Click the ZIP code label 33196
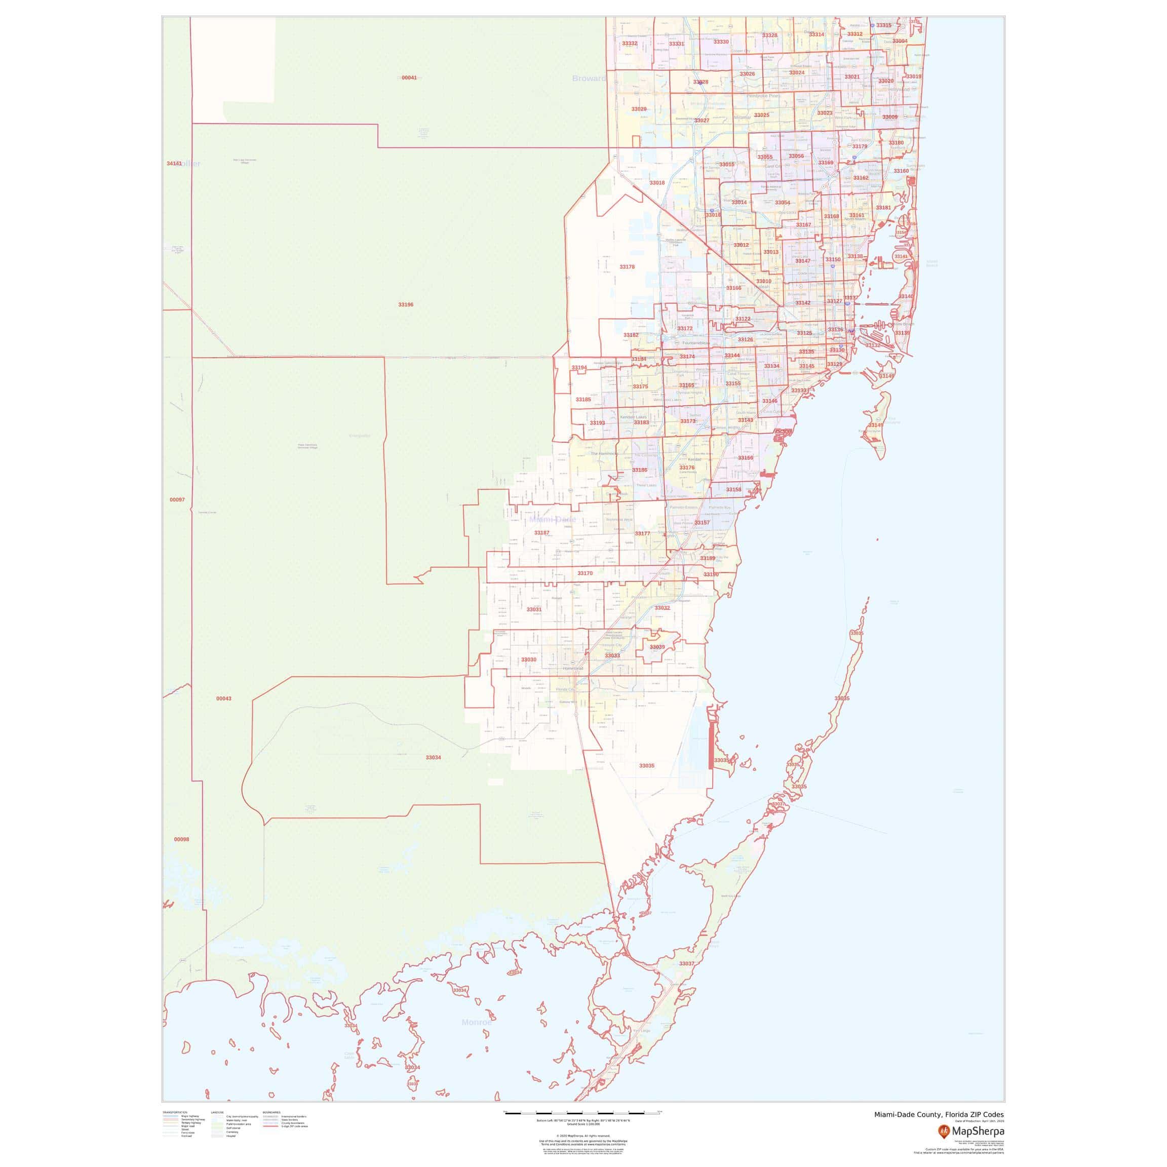pos(405,305)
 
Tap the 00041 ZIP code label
pos(409,78)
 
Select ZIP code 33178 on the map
pos(627,266)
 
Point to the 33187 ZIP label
pos(542,533)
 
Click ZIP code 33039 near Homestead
pos(657,647)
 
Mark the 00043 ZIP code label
pos(223,698)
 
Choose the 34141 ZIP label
pos(174,164)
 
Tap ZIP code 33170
pos(585,573)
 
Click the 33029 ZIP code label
pos(639,109)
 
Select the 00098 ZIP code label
pos(181,840)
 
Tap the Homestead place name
pos(573,669)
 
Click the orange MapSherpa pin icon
pos(944,1131)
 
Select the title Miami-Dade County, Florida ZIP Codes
pos(939,1114)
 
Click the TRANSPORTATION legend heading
pos(175,1112)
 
